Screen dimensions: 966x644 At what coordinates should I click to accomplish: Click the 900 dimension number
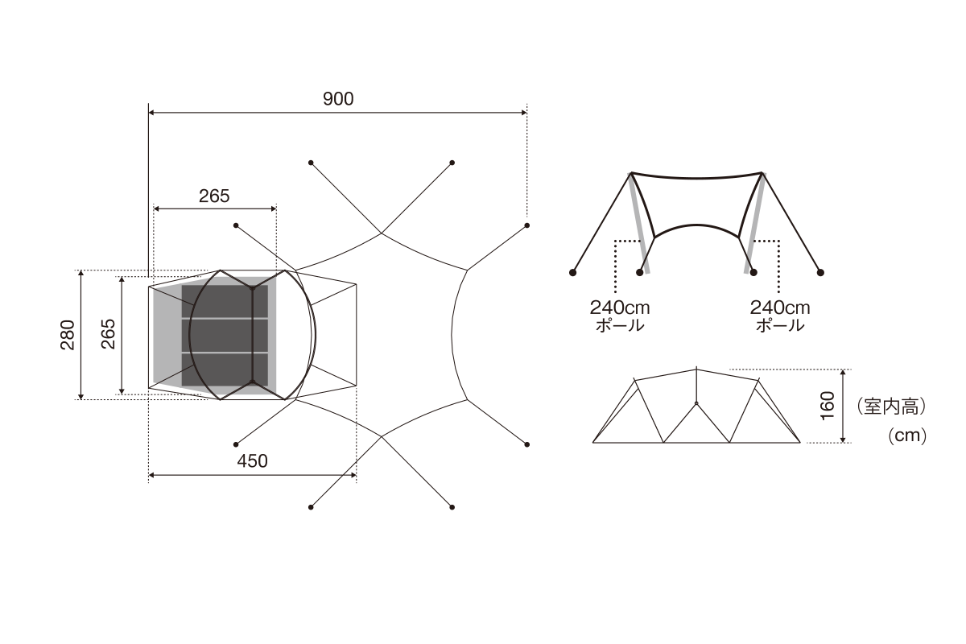tap(338, 99)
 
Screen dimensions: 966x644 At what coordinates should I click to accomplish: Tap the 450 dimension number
tap(252, 461)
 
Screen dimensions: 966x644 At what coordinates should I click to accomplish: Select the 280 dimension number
tap(68, 335)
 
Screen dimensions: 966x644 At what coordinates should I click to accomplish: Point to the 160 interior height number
tap(828, 406)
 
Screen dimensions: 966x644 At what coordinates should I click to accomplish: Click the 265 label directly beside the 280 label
tap(108, 334)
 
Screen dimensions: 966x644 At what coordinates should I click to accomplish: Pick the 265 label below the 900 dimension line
tap(214, 196)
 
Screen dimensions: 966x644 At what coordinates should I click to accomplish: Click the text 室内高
tap(891, 407)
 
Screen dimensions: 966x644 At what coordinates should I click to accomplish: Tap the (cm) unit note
tap(907, 436)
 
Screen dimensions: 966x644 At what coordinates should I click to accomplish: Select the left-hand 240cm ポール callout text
tap(620, 316)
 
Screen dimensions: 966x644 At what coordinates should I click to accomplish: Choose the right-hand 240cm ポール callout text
tap(780, 316)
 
